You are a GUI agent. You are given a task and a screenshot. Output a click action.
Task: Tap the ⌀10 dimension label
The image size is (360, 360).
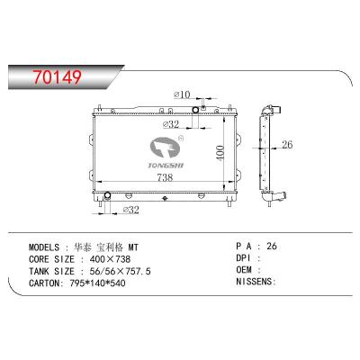(x=181, y=94)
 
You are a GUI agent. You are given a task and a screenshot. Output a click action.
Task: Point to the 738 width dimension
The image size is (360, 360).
(x=166, y=177)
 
